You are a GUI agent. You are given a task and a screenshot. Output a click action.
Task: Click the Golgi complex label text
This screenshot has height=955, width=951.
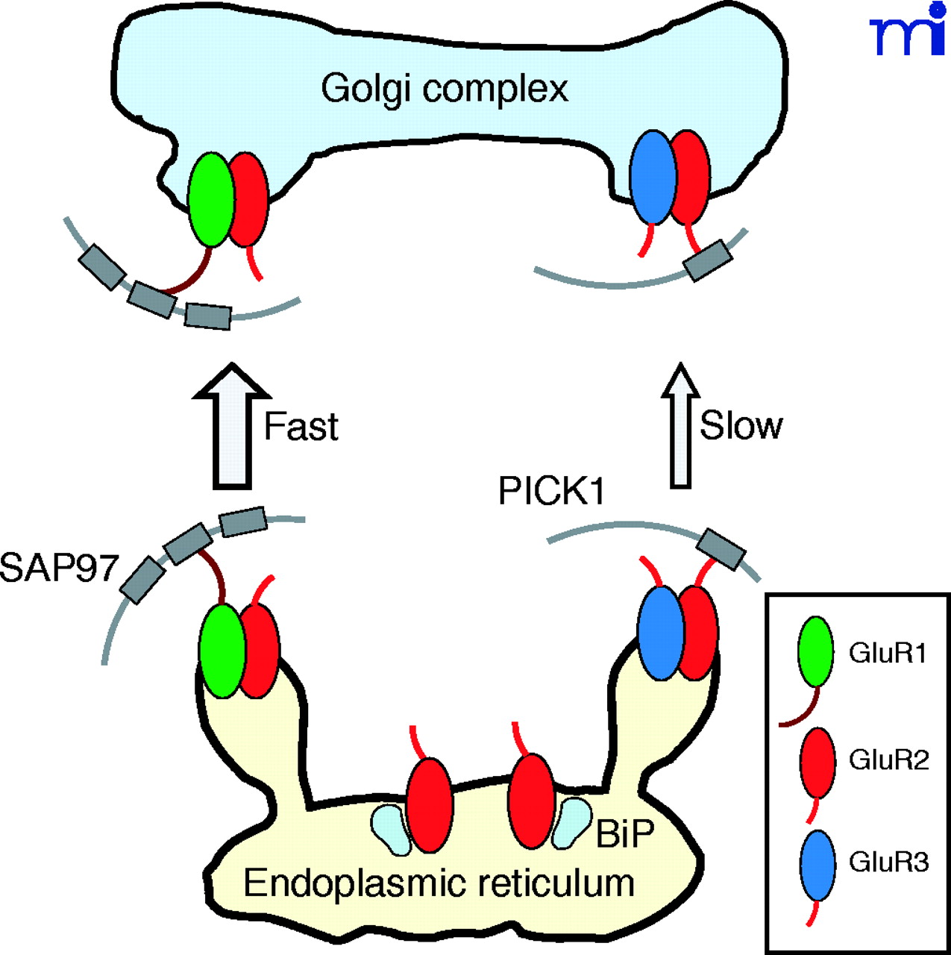pos(445,89)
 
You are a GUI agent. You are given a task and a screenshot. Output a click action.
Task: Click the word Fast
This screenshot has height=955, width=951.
pos(301,427)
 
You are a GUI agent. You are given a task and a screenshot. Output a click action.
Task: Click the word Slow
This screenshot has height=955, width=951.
pos(741,425)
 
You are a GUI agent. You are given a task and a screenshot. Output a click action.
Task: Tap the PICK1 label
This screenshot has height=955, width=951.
pos(552,492)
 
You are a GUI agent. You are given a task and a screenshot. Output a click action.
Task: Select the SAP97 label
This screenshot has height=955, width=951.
pos(58,568)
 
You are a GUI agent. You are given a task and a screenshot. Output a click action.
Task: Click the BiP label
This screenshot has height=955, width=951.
pos(624,833)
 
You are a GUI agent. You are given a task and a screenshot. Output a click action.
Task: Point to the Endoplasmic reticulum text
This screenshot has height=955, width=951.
pos(439,883)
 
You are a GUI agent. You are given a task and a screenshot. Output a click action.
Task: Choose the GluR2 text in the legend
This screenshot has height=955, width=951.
pos(889,760)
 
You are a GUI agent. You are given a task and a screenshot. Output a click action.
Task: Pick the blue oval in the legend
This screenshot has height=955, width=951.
pos(817,865)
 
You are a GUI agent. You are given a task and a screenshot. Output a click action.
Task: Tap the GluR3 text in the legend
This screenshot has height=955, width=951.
pos(889,862)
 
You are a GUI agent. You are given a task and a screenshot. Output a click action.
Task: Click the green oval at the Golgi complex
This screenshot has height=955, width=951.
pos(210,199)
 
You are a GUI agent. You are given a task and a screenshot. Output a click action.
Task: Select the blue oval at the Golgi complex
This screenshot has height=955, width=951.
pos(653,177)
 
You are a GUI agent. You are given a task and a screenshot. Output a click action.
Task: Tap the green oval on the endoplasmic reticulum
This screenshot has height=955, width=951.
pos(222,651)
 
